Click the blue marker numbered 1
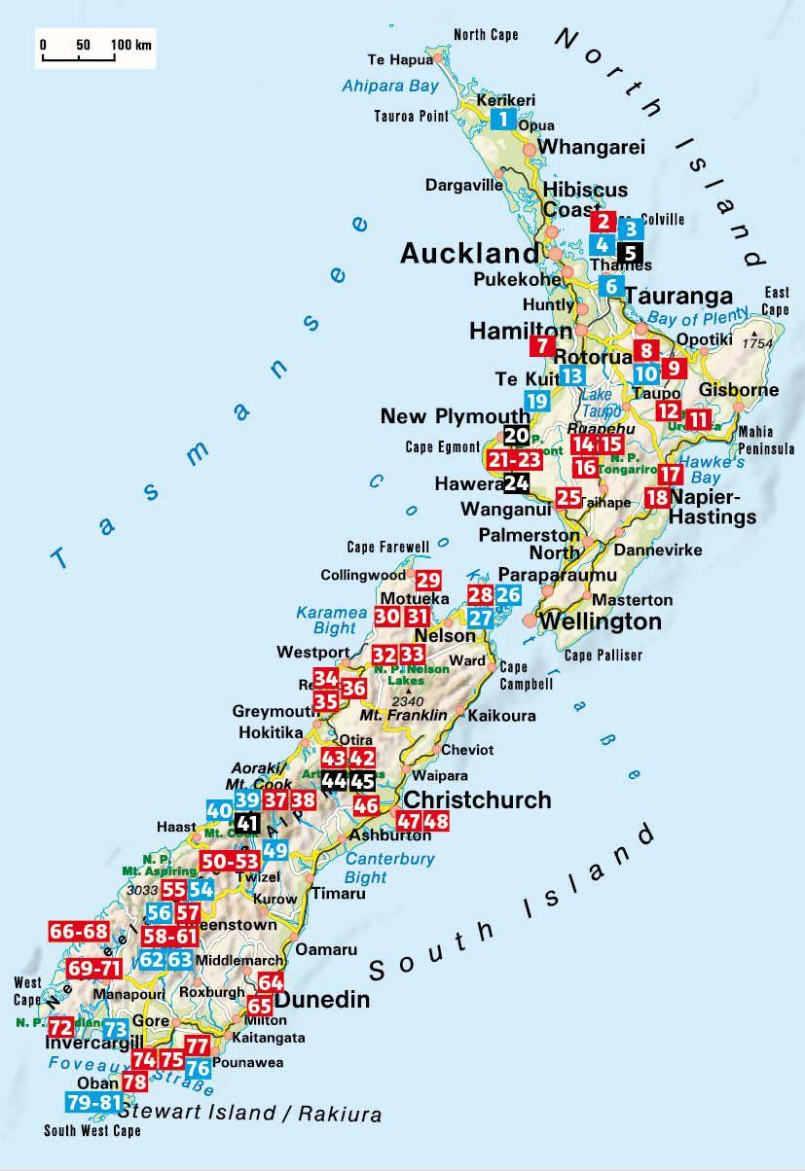point(502,120)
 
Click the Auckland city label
point(469,255)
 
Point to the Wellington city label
point(600,621)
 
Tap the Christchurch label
point(477,799)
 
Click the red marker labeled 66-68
point(79,932)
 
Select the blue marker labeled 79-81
point(94,1102)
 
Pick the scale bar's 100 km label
point(131,45)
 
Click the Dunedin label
point(322,1000)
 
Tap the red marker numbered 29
point(428,581)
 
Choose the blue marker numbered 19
point(536,400)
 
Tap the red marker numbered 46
point(366,805)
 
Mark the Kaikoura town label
point(501,715)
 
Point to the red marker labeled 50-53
point(231,860)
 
